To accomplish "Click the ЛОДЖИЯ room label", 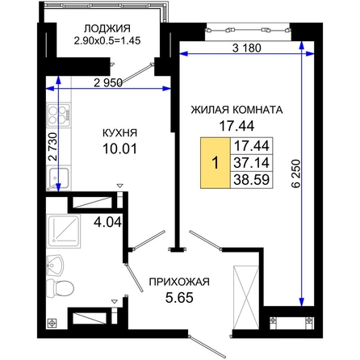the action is tap(107, 28).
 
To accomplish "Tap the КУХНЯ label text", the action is tap(120, 133).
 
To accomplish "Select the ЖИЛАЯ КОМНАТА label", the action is tap(237, 110).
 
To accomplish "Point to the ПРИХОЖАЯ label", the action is tap(179, 282).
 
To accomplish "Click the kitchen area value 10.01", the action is tap(120, 149).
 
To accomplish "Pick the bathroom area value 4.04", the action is tap(107, 222).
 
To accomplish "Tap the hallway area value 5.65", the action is tap(179, 298).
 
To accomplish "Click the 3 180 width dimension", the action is tap(247, 48).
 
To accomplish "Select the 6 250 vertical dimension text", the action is tap(295, 174).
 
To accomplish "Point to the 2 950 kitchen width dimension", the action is tap(108, 83).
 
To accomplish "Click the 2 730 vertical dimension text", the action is tap(53, 147).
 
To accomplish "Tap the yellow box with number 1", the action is tap(216, 163).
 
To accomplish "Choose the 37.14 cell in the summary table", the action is tap(252, 163).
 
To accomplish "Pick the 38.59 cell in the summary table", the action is tap(252, 179).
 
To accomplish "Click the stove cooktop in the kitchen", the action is tap(59, 115).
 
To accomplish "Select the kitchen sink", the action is tap(58, 178).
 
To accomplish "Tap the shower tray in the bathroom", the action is tap(64, 231).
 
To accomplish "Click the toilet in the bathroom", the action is tap(60, 288).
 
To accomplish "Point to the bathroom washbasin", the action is tap(55, 266).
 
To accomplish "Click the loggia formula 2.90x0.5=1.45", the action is tap(107, 40).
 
